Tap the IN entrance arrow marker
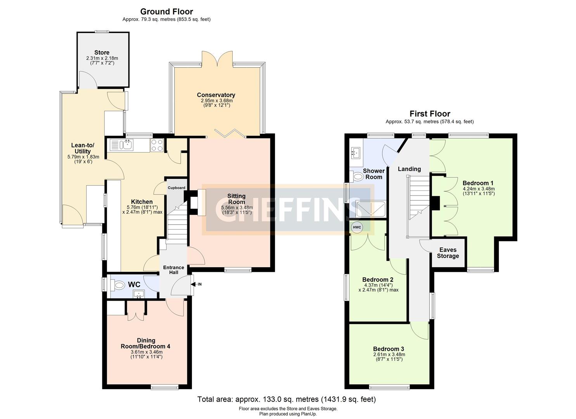click(x=197, y=284)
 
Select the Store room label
click(x=102, y=52)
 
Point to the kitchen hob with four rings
click(x=157, y=145)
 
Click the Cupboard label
click(x=176, y=188)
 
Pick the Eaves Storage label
click(x=448, y=253)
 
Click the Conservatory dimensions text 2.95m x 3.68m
click(x=216, y=100)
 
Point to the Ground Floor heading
click(x=166, y=12)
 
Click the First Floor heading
click(x=430, y=114)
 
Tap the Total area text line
click(x=286, y=399)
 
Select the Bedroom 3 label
click(x=389, y=349)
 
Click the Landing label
click(x=409, y=169)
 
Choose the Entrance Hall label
click(x=173, y=270)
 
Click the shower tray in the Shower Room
click(x=371, y=208)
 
